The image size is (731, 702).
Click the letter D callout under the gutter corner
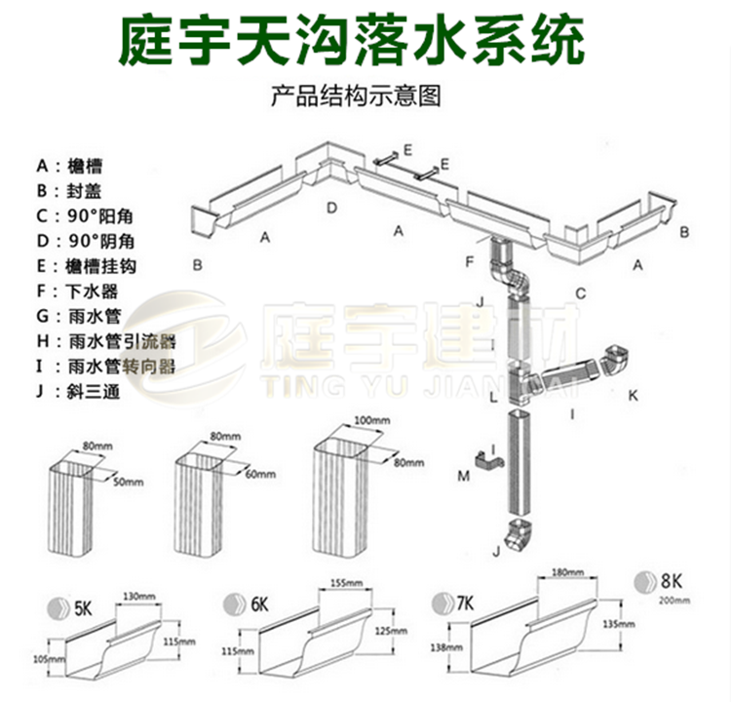pyautogui.click(x=331, y=207)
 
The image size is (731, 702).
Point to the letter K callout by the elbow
pyautogui.click(x=632, y=395)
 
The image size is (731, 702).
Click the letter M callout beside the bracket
pyautogui.click(x=463, y=475)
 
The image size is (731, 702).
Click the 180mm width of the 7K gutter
pyautogui.click(x=566, y=571)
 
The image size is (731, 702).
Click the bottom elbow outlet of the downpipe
pyautogui.click(x=518, y=533)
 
